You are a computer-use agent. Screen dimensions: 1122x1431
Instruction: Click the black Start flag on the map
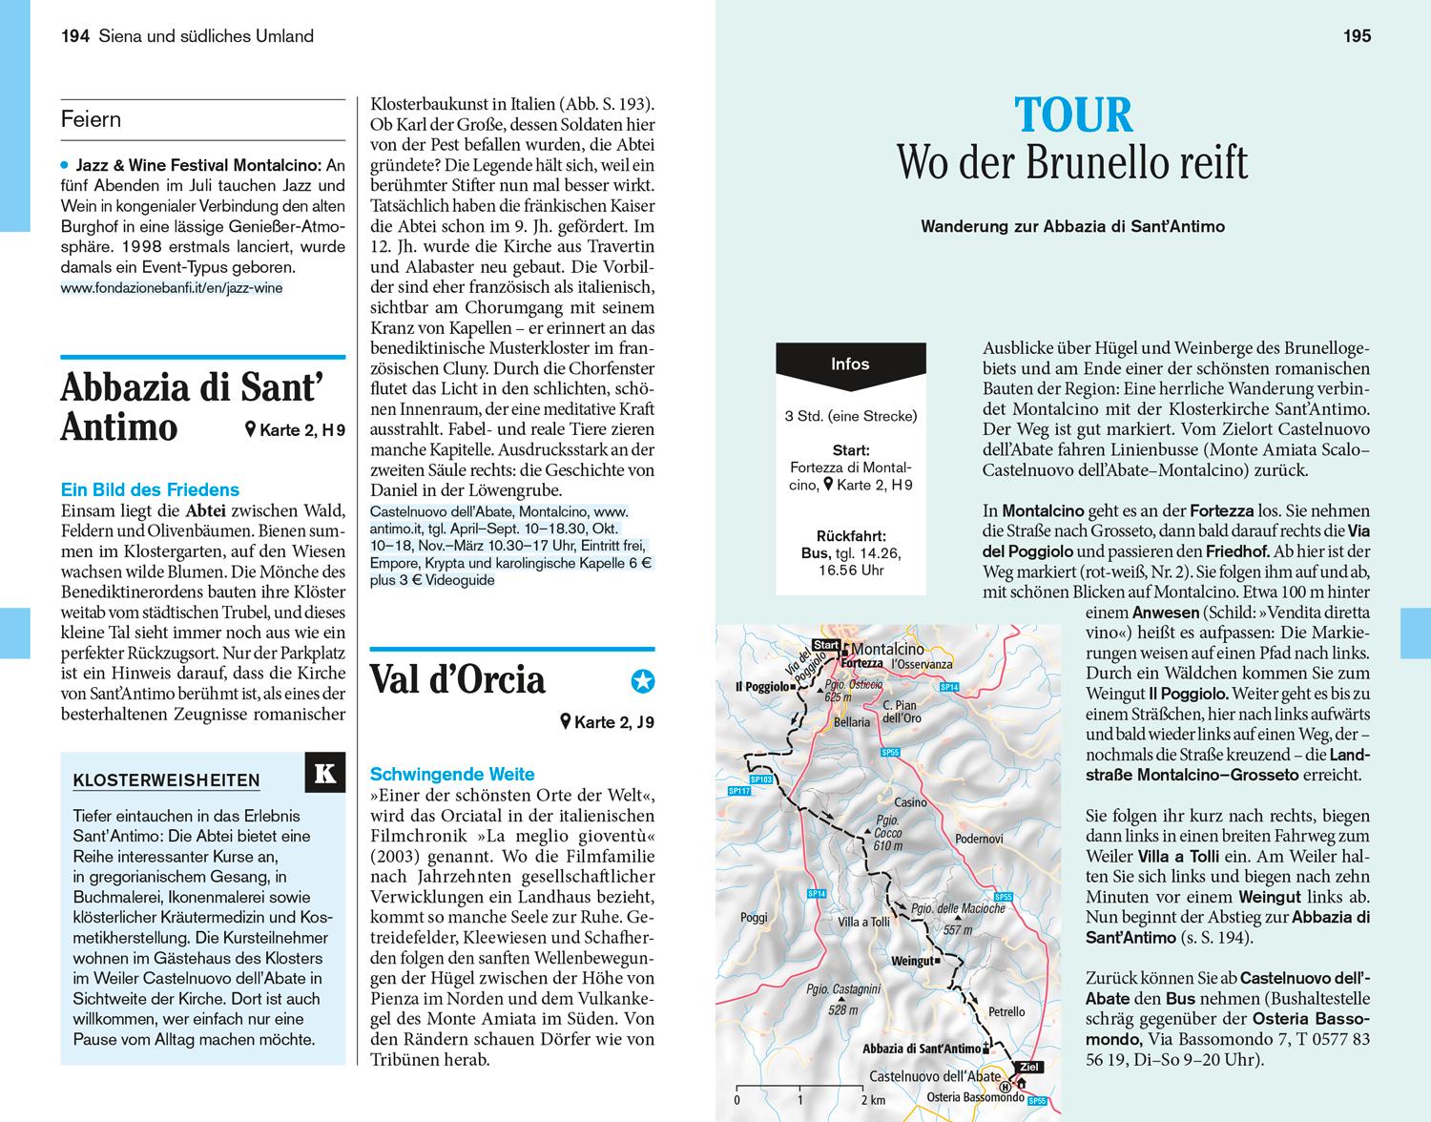pyautogui.click(x=826, y=645)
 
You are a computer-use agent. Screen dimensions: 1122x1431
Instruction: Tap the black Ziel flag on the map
pyautogui.click(x=1027, y=1067)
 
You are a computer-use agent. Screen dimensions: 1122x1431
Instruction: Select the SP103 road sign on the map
pyautogui.click(x=760, y=779)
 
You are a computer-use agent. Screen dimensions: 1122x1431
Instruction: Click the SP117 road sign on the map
pyautogui.click(x=738, y=791)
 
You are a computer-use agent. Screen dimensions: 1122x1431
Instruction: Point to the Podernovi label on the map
pyautogui.click(x=979, y=839)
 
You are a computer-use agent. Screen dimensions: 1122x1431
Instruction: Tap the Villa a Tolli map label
pyautogui.click(x=863, y=922)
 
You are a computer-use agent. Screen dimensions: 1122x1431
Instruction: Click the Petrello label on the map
pyautogui.click(x=1006, y=1011)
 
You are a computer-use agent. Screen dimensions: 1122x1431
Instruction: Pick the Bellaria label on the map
pyautogui.click(x=852, y=722)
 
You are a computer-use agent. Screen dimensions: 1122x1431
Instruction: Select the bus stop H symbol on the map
pyautogui.click(x=1005, y=1087)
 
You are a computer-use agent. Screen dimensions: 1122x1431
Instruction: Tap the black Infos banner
pyautogui.click(x=850, y=364)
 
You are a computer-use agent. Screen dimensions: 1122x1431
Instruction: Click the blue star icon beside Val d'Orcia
pyautogui.click(x=643, y=681)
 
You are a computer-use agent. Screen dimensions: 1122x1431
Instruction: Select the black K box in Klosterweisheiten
pyautogui.click(x=324, y=773)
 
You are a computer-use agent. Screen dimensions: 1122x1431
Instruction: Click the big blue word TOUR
pyautogui.click(x=1073, y=115)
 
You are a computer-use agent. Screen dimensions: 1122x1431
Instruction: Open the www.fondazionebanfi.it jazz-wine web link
pyautogui.click(x=171, y=287)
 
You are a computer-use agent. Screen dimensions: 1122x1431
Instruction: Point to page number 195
pyautogui.click(x=1357, y=36)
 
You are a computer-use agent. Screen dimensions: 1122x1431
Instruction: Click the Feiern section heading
pyautogui.click(x=91, y=119)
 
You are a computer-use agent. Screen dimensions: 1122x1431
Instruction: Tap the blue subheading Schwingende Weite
pyautogui.click(x=452, y=774)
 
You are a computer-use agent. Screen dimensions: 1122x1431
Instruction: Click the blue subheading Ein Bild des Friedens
pyautogui.click(x=150, y=489)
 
